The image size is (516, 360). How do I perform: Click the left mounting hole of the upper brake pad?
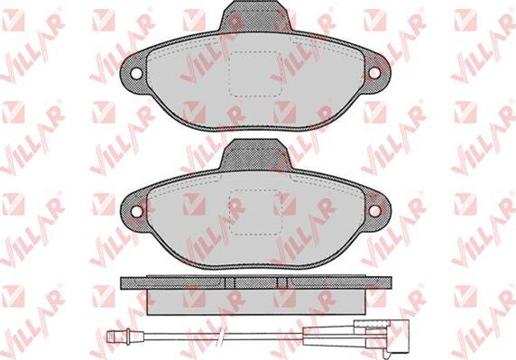click(x=136, y=73)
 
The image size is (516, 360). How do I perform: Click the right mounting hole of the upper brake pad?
click(x=374, y=73)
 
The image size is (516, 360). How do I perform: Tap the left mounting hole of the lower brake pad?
click(x=136, y=211)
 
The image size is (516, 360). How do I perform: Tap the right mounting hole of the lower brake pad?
click(x=375, y=211)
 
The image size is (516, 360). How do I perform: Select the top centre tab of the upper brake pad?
click(x=255, y=16)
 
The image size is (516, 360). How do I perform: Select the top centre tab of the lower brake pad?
click(x=255, y=154)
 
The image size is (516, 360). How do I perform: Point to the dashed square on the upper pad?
click(x=255, y=74)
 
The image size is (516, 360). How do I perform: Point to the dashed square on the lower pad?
click(x=256, y=213)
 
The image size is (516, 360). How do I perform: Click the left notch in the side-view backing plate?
click(x=230, y=283)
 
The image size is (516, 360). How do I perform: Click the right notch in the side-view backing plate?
click(x=282, y=283)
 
